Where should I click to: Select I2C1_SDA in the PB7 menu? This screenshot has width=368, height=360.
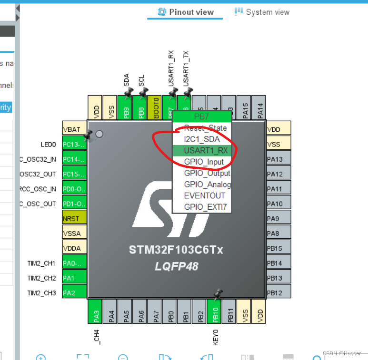point(202,139)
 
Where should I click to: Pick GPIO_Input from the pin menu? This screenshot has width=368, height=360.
point(203,162)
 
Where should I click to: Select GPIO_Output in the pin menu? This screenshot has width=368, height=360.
point(207,173)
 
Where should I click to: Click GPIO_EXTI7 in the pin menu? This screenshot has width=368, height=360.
point(205,207)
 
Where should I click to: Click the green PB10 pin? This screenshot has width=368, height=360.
point(214,311)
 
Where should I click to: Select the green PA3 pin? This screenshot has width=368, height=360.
point(95,311)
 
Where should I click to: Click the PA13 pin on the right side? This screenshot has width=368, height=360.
point(278,159)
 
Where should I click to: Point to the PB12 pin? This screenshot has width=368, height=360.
point(278,292)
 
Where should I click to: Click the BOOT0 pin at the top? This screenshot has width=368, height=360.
point(154,107)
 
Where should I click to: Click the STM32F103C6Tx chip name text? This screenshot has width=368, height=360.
point(176,250)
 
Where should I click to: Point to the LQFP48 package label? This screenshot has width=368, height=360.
point(176,266)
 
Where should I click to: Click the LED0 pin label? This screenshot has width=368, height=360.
point(48,144)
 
